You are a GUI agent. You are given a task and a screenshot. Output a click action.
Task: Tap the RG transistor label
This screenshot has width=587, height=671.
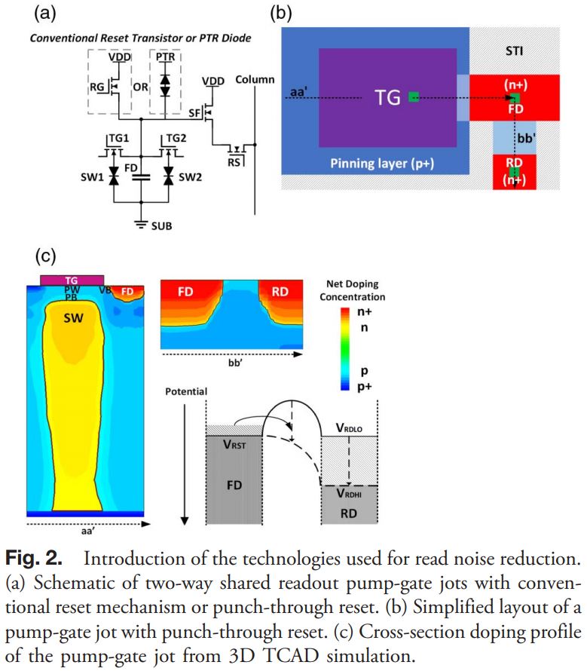(97, 87)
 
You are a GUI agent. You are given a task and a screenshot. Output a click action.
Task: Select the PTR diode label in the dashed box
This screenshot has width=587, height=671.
(165, 57)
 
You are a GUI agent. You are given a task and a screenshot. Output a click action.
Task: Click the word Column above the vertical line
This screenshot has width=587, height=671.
(255, 79)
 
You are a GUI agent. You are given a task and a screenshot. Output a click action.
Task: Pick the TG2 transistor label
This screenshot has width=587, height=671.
(174, 138)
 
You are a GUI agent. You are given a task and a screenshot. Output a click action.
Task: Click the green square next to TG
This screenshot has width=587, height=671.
(413, 97)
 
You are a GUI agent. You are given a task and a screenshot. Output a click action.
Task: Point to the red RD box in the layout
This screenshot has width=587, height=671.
(514, 173)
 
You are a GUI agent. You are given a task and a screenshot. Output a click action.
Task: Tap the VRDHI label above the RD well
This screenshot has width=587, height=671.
(350, 493)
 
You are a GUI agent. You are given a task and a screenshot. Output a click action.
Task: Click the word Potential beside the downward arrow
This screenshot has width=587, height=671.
(186, 391)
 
